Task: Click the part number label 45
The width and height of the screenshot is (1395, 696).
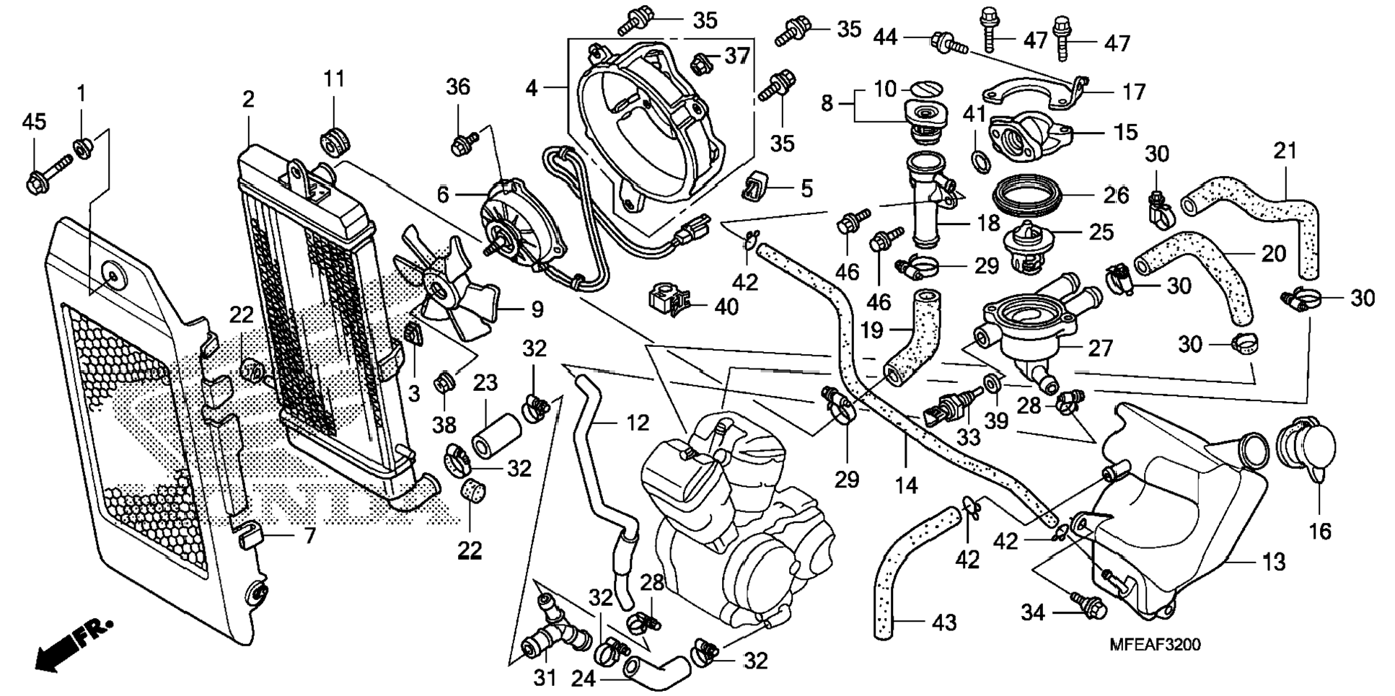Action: [34, 121]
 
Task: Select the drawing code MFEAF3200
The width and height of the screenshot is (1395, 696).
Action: [1155, 645]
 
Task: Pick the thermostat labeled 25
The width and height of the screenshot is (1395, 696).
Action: [1028, 245]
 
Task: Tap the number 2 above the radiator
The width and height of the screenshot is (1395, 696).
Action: [249, 99]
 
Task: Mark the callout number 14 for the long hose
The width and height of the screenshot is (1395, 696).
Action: [906, 485]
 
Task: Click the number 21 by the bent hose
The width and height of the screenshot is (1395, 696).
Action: [1285, 151]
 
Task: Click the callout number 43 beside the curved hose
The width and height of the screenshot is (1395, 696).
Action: [944, 622]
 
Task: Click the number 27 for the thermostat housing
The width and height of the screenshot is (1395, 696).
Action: [1101, 348]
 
